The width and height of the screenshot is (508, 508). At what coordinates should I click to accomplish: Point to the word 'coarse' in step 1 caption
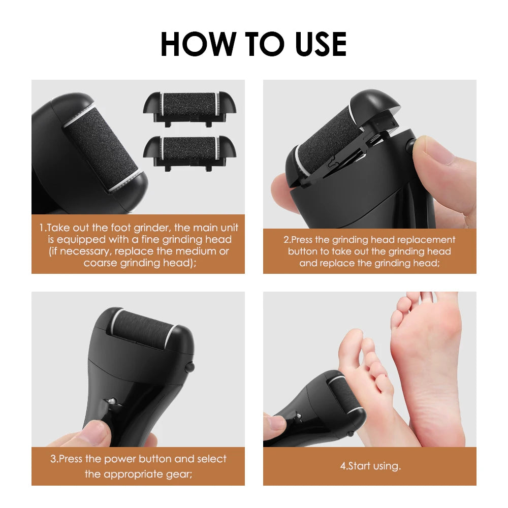click(x=101, y=263)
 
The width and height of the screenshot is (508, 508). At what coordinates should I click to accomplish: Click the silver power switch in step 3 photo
click(x=111, y=402)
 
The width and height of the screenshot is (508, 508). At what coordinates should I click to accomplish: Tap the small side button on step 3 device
click(x=190, y=366)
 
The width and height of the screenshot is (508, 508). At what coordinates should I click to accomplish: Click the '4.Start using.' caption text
click(x=370, y=466)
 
